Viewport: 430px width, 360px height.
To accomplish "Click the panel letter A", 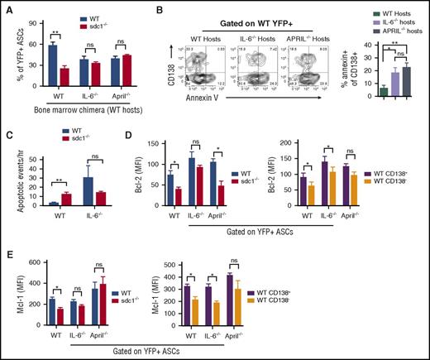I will pyautogui.click(x=7, y=7).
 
